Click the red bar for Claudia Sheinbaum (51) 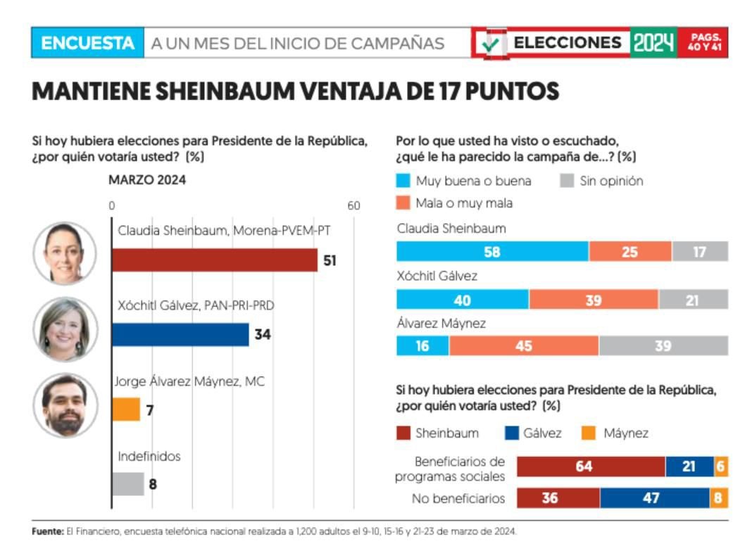(x=215, y=260)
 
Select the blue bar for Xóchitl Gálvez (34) (x=180, y=334)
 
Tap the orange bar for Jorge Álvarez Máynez (x=126, y=409)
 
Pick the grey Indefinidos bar (x=128, y=483)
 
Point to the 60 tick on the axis (x=353, y=205)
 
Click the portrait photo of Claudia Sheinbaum (x=65, y=253)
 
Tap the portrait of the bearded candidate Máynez (x=65, y=405)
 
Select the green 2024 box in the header (x=653, y=43)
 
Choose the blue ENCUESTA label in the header (x=87, y=43)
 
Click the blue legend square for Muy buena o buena (x=403, y=181)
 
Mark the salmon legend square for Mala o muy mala (x=403, y=203)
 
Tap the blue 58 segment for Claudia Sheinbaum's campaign (x=492, y=251)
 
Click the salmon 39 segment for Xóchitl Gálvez (x=594, y=299)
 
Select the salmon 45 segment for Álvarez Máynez (x=524, y=345)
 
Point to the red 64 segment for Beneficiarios (x=591, y=466)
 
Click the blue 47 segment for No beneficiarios (x=654, y=498)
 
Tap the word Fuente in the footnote (x=47, y=531)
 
